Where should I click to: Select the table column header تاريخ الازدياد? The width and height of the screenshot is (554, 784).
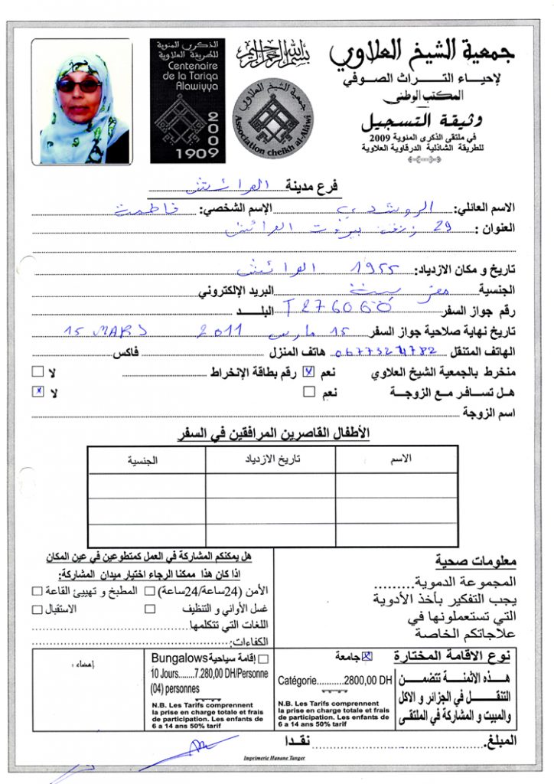coord(271,459)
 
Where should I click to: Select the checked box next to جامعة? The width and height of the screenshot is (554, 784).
coord(367,655)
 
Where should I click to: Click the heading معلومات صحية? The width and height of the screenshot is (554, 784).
coord(476,561)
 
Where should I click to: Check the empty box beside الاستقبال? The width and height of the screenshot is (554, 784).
coord(37,609)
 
